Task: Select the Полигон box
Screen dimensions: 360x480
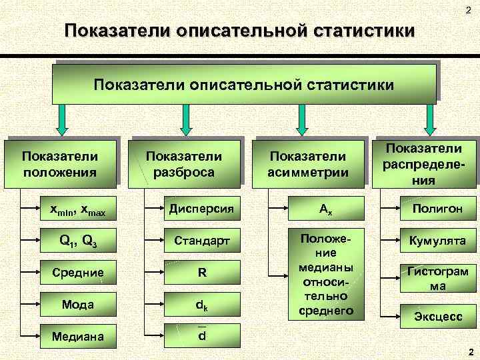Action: pyautogui.click(x=437, y=209)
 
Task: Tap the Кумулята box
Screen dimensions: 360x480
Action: pyautogui.click(x=437, y=240)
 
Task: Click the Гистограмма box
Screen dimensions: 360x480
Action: pyautogui.click(x=437, y=278)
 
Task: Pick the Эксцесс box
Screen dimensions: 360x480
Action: pyautogui.click(x=437, y=317)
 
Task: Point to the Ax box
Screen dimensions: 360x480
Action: pyautogui.click(x=325, y=209)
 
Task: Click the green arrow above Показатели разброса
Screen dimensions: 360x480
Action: pyautogui.click(x=185, y=117)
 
